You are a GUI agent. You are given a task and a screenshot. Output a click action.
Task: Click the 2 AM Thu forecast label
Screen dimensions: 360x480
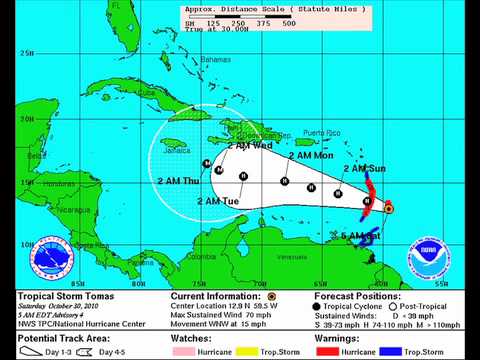tap(178, 180)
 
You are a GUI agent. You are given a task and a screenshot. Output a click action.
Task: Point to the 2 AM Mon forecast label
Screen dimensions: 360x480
tap(311, 155)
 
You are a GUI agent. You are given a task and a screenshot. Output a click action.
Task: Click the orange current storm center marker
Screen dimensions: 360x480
tap(388, 208)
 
